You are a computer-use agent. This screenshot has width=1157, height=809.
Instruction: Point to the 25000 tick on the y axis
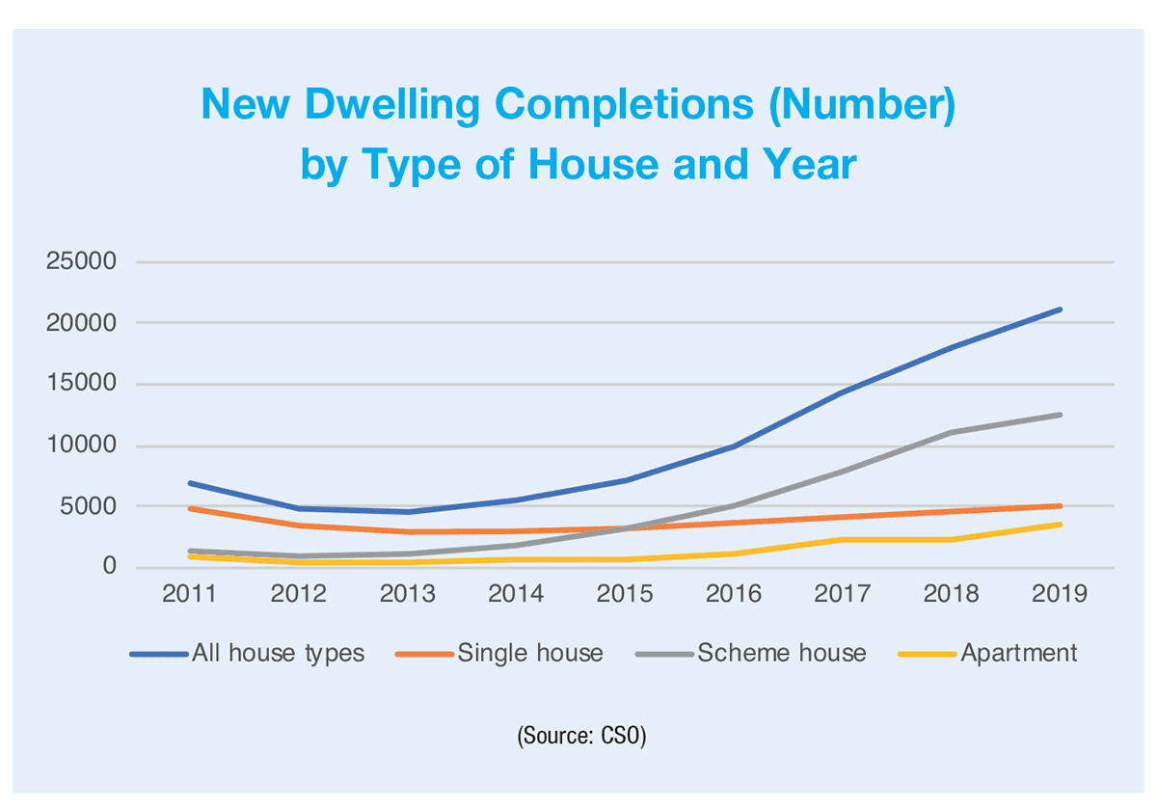81,262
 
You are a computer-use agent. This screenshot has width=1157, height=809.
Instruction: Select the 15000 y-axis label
81,385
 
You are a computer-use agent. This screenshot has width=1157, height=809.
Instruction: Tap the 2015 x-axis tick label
626,594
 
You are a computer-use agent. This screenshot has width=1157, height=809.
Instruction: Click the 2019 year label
1060,594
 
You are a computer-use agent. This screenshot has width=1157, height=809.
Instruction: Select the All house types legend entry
278,653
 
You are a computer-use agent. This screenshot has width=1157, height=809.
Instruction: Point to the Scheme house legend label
781,653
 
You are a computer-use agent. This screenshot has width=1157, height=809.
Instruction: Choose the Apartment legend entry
1018,653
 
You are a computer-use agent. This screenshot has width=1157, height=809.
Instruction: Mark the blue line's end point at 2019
1060,310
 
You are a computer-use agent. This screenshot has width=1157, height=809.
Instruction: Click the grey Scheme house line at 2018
952,432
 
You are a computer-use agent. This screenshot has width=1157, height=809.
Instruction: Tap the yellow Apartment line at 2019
1060,525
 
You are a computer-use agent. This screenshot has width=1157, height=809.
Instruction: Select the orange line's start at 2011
191,508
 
